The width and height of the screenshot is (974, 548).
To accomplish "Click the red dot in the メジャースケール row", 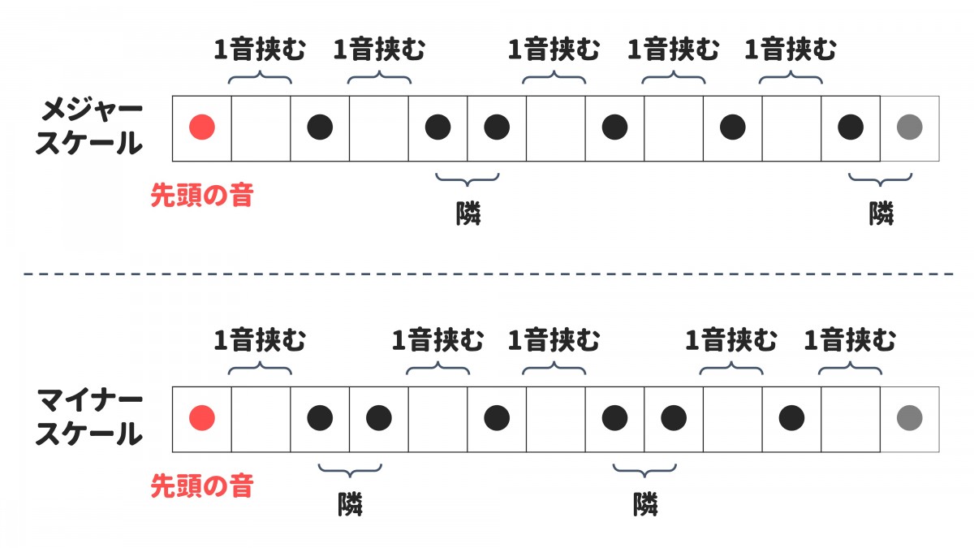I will pos(201,127).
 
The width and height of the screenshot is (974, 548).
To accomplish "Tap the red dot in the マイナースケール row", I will pos(201,418).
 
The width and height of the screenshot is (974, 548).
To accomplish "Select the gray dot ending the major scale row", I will pos(909,127).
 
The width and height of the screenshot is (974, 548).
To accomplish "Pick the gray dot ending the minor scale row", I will pos(909,418).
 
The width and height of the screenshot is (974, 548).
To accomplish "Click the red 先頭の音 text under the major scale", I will pos(201,196).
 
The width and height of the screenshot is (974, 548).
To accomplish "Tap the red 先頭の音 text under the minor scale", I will pos(201,487).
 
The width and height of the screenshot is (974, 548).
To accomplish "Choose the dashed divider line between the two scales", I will pos(487,274).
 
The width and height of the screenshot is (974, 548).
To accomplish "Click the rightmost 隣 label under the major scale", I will pos(881,214).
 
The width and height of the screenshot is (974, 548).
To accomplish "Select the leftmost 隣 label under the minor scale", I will pos(350,505).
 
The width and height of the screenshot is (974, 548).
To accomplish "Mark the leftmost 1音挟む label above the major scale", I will pos(260,50).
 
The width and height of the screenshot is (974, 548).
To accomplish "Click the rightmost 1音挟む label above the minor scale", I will pos(850,341).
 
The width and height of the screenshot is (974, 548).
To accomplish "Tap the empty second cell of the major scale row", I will pos(261,127).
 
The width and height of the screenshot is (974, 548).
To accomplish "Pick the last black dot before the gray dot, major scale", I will pos(850,127).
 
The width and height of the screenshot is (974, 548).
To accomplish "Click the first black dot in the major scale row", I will pos(320,127).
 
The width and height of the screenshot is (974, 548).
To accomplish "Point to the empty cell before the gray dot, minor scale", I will pos(850,418).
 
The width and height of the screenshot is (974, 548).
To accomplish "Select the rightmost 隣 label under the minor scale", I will pos(645,505).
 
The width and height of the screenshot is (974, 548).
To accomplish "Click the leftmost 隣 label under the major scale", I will pos(468,214).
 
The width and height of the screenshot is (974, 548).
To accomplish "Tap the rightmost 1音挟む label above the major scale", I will pos(791,50).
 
